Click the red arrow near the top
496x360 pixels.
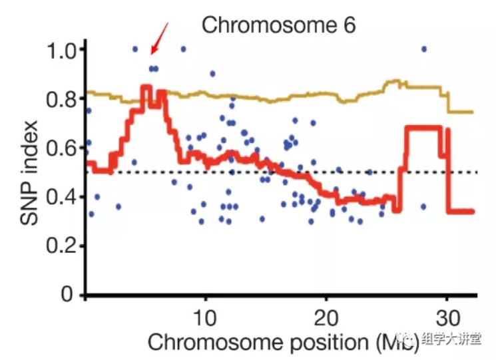(160, 38)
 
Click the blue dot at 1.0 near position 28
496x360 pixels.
(423, 49)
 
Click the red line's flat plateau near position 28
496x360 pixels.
(423, 128)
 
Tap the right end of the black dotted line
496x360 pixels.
(477, 172)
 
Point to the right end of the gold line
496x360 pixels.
(471, 112)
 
